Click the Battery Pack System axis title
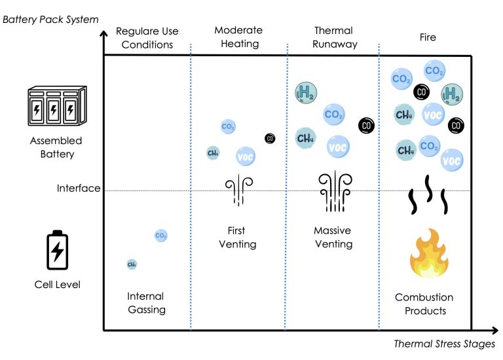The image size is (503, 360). (x=50, y=20)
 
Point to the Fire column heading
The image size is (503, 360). (x=428, y=37)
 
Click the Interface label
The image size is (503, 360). (x=79, y=189)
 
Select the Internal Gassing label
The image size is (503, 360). (x=146, y=303)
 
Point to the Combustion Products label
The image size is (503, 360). (x=424, y=304)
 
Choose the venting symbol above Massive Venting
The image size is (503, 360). (x=332, y=192)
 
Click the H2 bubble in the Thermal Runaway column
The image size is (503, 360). (x=305, y=93)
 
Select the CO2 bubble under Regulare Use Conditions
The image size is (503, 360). (x=161, y=235)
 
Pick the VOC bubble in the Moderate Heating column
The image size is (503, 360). (x=246, y=156)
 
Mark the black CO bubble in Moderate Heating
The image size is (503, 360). (x=270, y=138)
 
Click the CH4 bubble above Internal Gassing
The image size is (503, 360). (x=132, y=264)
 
